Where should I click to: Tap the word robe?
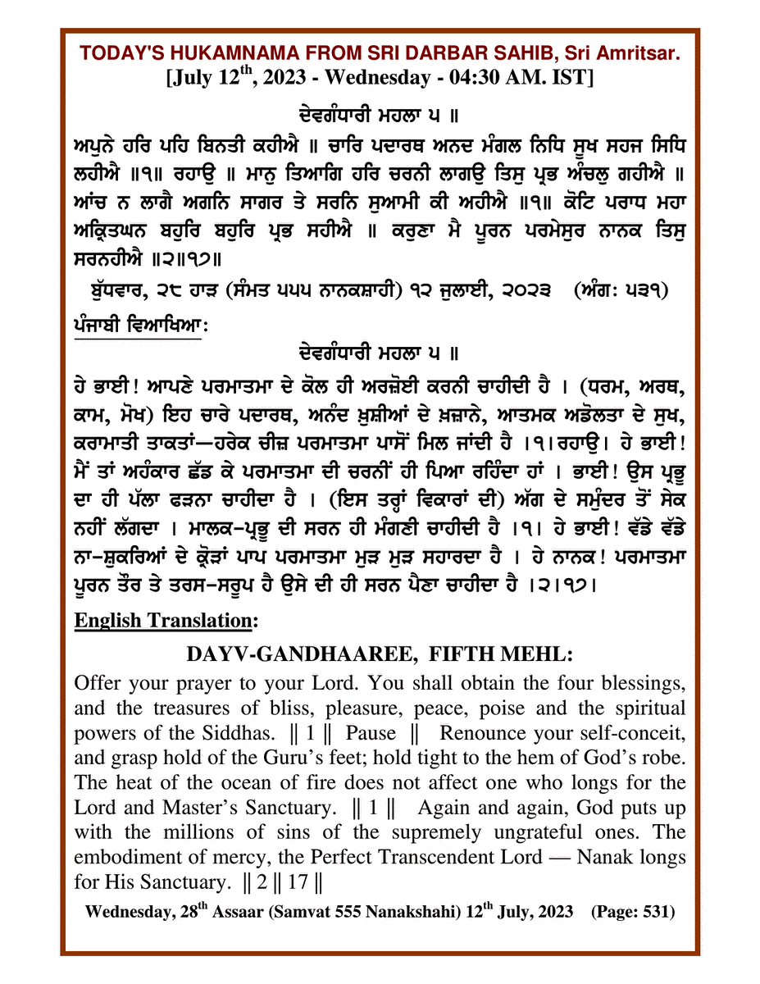tap(662, 758)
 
